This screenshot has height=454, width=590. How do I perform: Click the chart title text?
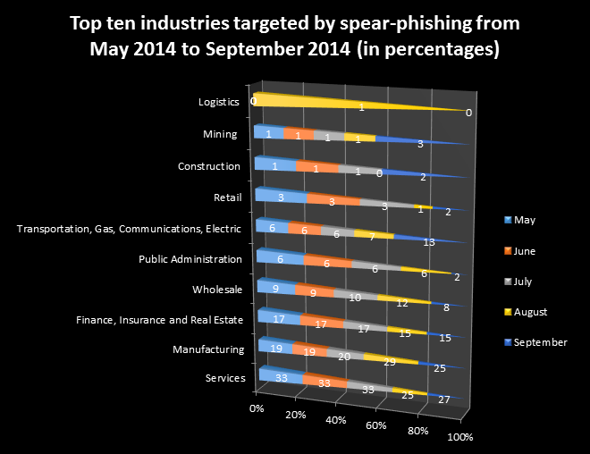pyautogui.click(x=295, y=36)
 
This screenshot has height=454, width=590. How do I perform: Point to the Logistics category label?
pyautogui.click(x=219, y=102)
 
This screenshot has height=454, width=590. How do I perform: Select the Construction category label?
pyautogui.click(x=209, y=166)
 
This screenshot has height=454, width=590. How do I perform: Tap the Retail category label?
pyautogui.click(x=225, y=197)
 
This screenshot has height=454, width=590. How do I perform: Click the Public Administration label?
pyautogui.click(x=190, y=259)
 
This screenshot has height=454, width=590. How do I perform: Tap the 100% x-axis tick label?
pyautogui.click(x=459, y=437)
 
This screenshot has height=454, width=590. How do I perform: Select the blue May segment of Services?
pyautogui.click(x=280, y=377)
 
